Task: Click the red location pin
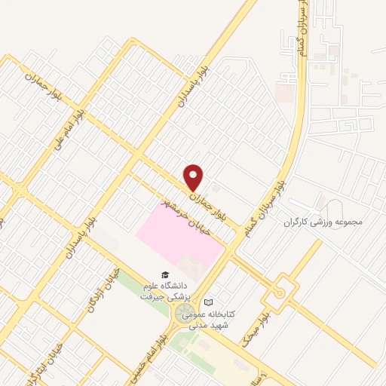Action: click(x=195, y=177)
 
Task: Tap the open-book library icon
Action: click(x=219, y=302)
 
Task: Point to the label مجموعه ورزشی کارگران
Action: click(x=324, y=223)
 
